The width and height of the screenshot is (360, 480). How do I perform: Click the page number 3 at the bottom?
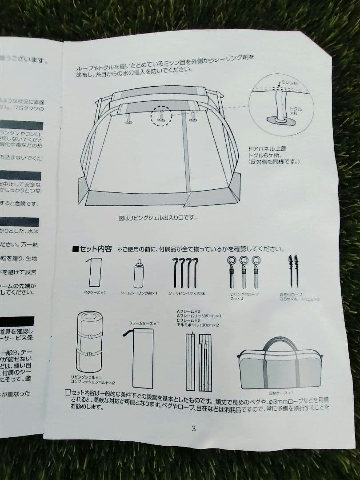click(x=193, y=428)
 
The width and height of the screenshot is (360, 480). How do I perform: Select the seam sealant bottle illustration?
click(x=139, y=273)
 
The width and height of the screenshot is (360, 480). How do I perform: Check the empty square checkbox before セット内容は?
click(x=68, y=392)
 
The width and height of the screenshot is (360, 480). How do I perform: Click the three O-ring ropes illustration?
click(x=244, y=272)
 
